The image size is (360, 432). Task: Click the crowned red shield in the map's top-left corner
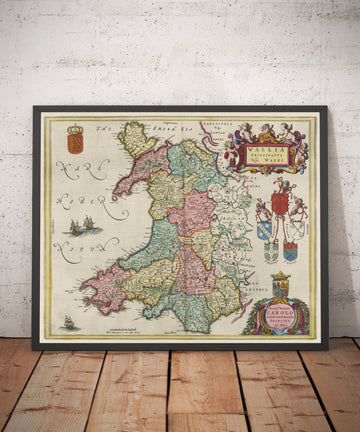[75, 141]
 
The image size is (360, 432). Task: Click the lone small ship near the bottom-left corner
[68, 322]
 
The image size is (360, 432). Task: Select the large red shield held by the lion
[280, 203]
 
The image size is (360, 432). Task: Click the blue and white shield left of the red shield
[264, 230]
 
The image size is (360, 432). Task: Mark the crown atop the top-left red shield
[75, 129]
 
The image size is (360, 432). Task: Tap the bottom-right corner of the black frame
[326, 347]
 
